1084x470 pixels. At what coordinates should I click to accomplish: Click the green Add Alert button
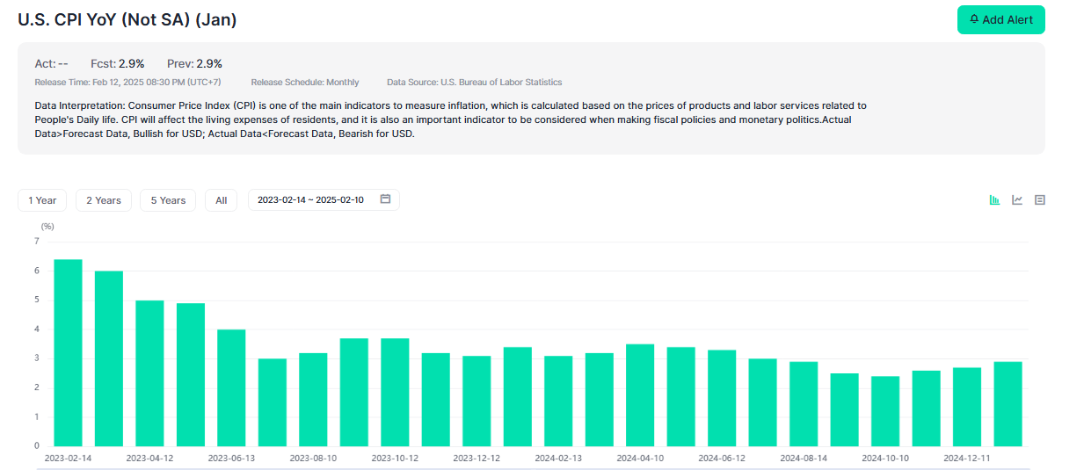click(x=1000, y=19)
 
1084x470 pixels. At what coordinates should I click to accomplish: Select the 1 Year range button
click(x=42, y=200)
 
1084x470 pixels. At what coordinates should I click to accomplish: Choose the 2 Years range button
click(x=104, y=200)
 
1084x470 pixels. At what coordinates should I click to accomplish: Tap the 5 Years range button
click(x=168, y=200)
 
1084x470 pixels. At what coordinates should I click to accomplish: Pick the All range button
click(x=221, y=200)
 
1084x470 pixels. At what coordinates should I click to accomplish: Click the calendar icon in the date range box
click(x=385, y=199)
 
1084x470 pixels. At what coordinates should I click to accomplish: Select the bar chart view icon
click(x=994, y=200)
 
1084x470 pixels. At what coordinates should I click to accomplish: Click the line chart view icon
click(x=1017, y=200)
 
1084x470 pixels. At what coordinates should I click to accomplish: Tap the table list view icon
click(x=1040, y=200)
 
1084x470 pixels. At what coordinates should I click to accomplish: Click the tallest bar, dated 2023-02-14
click(x=68, y=352)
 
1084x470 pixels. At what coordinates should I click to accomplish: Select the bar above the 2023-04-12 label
click(x=149, y=373)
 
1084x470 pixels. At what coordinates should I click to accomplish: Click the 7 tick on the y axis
click(x=37, y=241)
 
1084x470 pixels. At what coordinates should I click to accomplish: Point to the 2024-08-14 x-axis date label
click(x=804, y=459)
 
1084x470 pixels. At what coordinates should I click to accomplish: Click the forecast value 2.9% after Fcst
click(x=131, y=63)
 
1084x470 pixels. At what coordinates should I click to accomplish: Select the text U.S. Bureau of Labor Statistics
click(x=501, y=83)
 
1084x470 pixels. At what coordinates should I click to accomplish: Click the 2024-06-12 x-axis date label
click(x=722, y=459)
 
